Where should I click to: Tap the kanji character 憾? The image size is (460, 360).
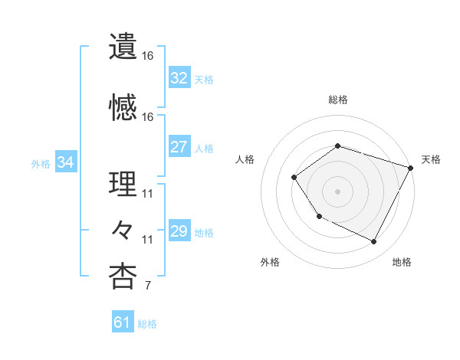pyautogui.click(x=123, y=107)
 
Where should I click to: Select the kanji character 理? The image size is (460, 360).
pyautogui.click(x=123, y=185)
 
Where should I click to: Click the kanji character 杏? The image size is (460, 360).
pyautogui.click(x=123, y=276)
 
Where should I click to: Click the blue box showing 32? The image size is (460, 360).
pyautogui.click(x=179, y=78)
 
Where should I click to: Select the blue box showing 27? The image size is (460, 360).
pyautogui.click(x=179, y=148)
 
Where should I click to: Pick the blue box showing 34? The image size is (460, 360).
pyautogui.click(x=66, y=162)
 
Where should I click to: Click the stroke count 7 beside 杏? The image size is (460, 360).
pyautogui.click(x=147, y=286)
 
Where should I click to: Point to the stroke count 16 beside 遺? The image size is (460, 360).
pyautogui.click(x=147, y=56)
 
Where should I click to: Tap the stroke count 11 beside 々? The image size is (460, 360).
pyautogui.click(x=147, y=240)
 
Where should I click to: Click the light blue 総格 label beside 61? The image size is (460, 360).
pyautogui.click(x=148, y=324)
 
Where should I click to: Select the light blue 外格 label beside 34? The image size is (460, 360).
pyautogui.click(x=41, y=163)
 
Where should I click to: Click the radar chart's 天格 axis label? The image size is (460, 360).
pyautogui.click(x=431, y=159)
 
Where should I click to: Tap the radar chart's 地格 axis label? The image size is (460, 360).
pyautogui.click(x=402, y=262)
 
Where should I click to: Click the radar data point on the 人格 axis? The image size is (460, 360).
pyautogui.click(x=294, y=178)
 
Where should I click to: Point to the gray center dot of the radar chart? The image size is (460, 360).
pyautogui.click(x=337, y=191)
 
